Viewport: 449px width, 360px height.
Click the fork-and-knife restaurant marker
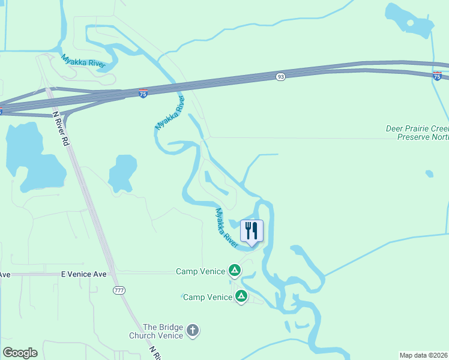tap(252, 230)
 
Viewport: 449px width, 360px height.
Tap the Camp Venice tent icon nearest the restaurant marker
tap(235, 271)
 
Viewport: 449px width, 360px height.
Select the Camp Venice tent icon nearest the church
tap(241, 296)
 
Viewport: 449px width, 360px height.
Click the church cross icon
tap(192, 330)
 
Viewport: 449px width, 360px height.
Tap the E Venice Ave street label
tap(84, 274)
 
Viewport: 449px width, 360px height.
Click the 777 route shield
tap(119, 290)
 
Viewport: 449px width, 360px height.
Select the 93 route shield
tap(280, 77)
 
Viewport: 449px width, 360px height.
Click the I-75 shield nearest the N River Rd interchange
tap(143, 94)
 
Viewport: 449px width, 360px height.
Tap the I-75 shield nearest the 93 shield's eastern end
tap(437, 75)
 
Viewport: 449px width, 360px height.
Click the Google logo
tap(20, 353)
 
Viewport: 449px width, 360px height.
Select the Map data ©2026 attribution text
tap(424, 355)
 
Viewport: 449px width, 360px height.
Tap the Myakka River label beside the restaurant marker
tap(227, 225)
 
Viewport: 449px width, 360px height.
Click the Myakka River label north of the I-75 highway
tap(83, 61)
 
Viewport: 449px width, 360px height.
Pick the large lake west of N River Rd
tap(33, 159)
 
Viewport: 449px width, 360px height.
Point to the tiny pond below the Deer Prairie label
tap(429, 174)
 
